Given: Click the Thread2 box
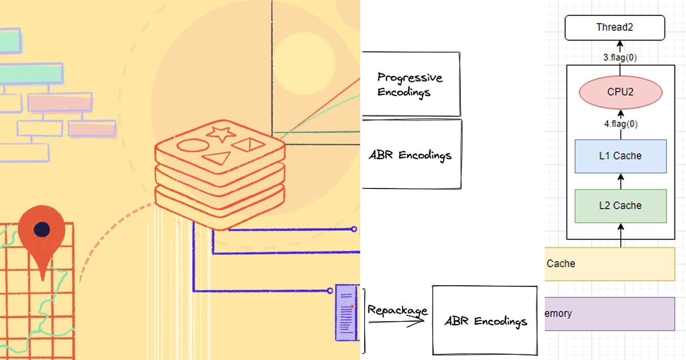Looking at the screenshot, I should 615,28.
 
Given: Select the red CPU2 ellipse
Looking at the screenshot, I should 620,92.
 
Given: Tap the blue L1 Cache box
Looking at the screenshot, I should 620,156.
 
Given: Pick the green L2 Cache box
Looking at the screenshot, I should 620,206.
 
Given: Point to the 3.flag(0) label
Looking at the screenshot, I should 620,58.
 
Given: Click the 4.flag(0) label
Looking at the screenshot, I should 620,124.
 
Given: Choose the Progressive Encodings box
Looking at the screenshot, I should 410,84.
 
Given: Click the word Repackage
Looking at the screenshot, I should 397,310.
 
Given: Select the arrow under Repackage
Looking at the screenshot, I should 396,321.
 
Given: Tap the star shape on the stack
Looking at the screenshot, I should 221,134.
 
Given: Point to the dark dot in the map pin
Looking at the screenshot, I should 41,229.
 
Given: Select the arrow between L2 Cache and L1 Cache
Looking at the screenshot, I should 620,181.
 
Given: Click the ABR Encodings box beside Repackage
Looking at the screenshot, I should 485,320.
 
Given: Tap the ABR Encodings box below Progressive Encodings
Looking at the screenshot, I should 412,154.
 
